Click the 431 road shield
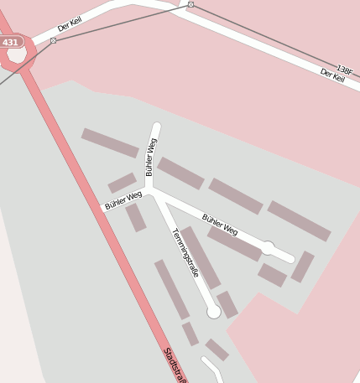[10, 42]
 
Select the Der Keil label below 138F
[332, 76]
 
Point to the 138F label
[344, 69]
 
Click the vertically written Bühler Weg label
[151, 157]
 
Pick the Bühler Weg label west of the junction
[123, 200]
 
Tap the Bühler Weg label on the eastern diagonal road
[220, 225]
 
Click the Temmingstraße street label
[185, 252]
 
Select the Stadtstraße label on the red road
[175, 365]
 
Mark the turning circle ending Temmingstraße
[214, 312]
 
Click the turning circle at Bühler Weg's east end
[268, 248]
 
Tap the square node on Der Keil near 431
[53, 40]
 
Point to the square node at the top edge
[190, 5]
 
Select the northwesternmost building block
[110, 142]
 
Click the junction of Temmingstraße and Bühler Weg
[153, 191]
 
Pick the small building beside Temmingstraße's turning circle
[227, 304]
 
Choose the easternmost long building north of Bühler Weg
[300, 220]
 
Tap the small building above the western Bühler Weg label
[123, 183]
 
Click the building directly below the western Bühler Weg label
[136, 217]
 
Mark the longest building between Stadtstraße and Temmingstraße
[171, 289]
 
